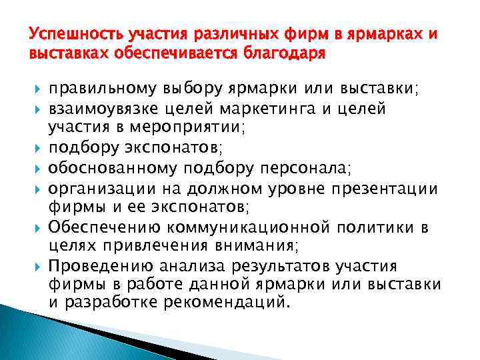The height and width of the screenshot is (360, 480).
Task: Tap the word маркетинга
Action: point(274,107)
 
